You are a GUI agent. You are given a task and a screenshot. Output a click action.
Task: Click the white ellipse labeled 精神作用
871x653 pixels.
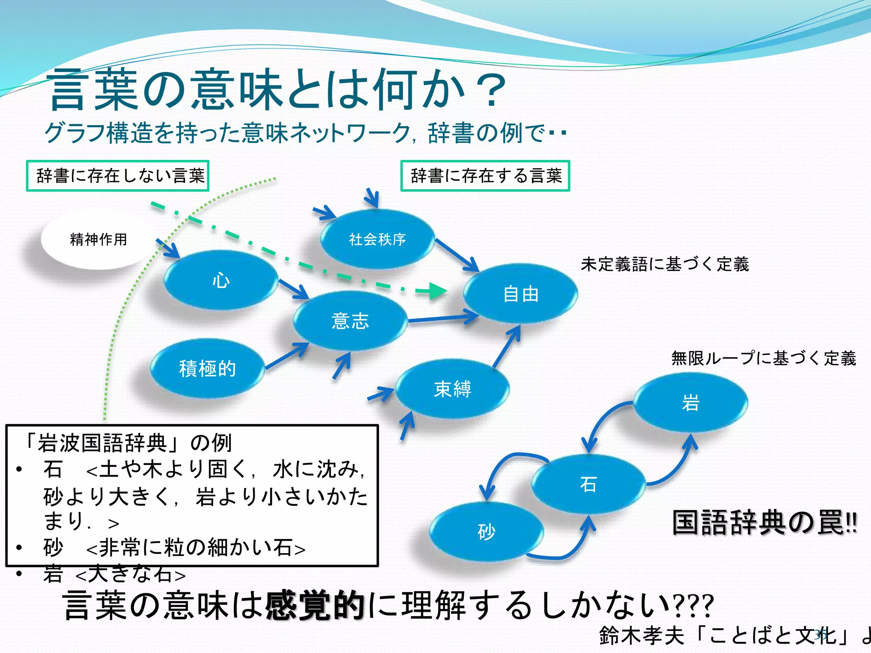pyautogui.click(x=98, y=239)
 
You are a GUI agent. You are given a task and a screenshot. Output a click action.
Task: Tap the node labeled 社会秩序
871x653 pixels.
pyautogui.click(x=377, y=239)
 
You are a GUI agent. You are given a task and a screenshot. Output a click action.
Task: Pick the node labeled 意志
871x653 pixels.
pyautogui.click(x=350, y=321)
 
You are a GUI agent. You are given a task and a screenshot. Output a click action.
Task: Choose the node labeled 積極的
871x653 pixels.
pyautogui.click(x=207, y=369)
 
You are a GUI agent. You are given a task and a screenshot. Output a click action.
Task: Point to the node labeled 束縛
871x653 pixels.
pyautogui.click(x=453, y=389)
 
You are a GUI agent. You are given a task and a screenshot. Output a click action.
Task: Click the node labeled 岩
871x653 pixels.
pyautogui.click(x=690, y=403)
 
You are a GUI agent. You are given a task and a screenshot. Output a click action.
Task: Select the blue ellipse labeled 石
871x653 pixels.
pyautogui.click(x=589, y=484)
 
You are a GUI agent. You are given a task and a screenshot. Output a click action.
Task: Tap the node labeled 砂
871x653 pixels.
pyautogui.click(x=487, y=532)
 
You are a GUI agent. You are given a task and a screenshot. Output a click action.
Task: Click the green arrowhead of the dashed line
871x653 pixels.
pyautogui.click(x=436, y=291)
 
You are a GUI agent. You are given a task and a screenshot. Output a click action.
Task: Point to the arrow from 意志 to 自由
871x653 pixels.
pyautogui.click(x=442, y=318)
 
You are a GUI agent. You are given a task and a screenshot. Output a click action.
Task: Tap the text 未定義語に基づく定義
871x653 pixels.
pyautogui.click(x=664, y=264)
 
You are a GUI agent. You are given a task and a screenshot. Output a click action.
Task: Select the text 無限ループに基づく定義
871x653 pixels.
pyautogui.click(x=763, y=358)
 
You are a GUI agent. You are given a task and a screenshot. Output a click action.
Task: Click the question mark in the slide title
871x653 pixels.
pyautogui.click(x=491, y=90)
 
